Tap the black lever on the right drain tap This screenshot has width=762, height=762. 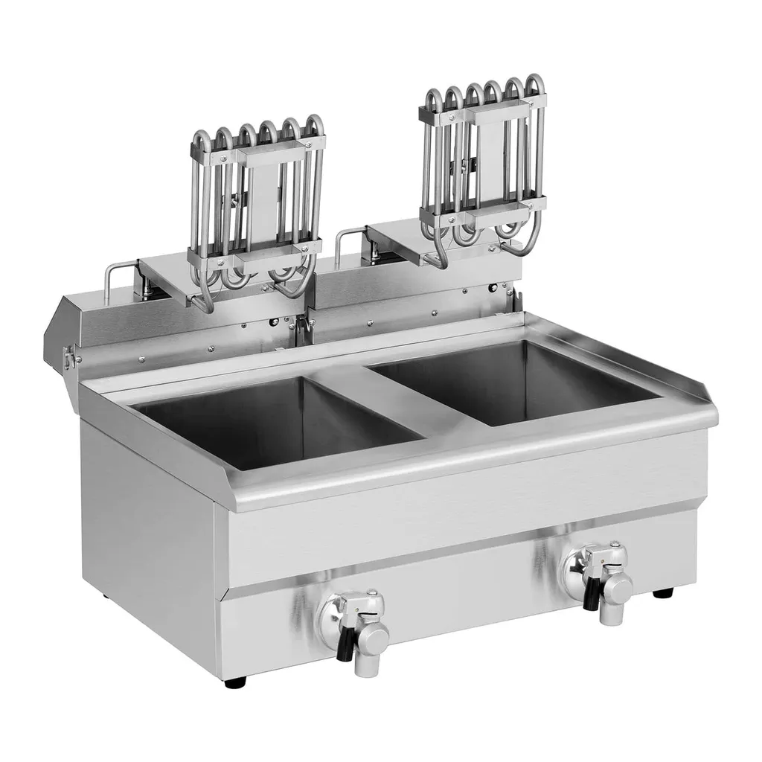pos(592,595)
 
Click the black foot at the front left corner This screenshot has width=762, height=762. pos(235,682)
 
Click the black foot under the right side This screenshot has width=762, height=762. pos(662,593)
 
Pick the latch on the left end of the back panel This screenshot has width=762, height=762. pos(70,358)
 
